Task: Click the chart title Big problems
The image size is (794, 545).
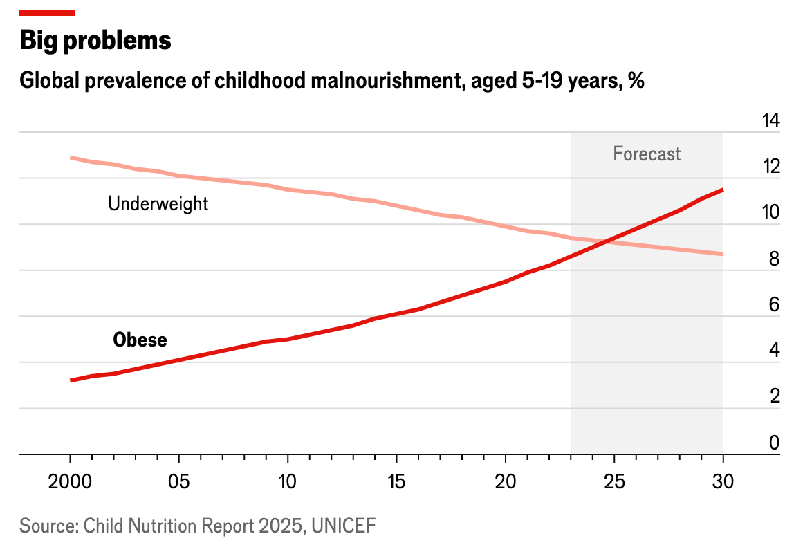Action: coord(95,41)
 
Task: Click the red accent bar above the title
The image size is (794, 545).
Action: coord(47,12)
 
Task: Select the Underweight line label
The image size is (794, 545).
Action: coord(158,203)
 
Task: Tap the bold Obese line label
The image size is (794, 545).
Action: coord(140,340)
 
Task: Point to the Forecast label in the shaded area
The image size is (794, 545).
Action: coord(647,154)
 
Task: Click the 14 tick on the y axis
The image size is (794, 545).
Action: coord(770,121)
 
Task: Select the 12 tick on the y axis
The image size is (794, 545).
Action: coord(770,167)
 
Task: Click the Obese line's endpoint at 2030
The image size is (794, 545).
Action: coord(723,190)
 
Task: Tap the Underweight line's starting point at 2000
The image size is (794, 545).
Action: coord(71,158)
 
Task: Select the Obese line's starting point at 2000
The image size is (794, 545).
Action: coord(71,380)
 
